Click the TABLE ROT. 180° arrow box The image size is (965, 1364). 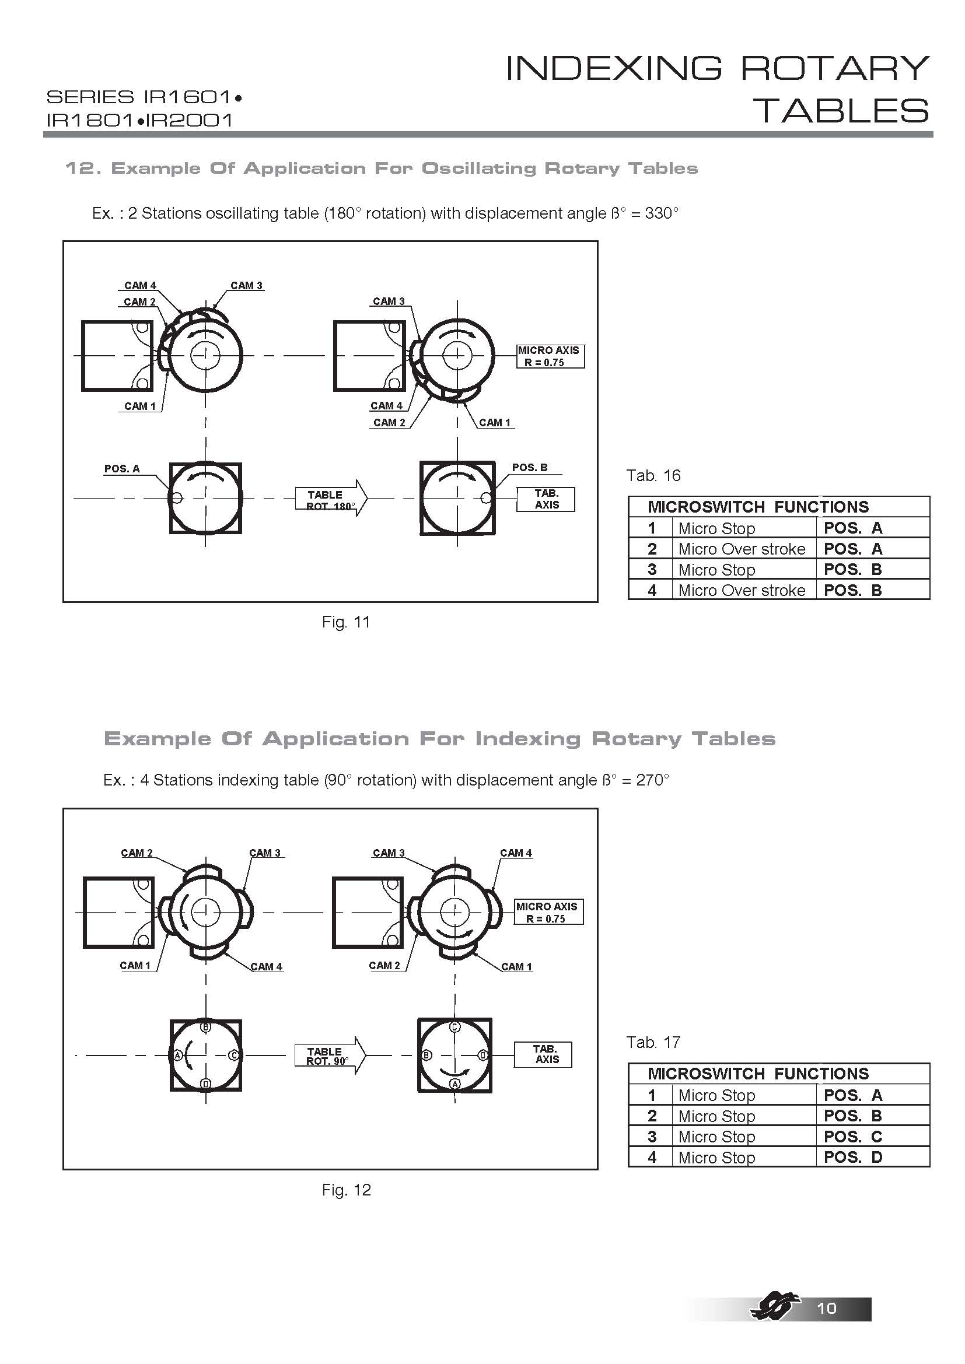pos(330,499)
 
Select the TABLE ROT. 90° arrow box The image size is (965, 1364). pos(329,1056)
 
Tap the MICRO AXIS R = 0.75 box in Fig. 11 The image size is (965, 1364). pos(550,356)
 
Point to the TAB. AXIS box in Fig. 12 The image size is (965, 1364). pos(543,1054)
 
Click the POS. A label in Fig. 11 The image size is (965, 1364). pos(122,469)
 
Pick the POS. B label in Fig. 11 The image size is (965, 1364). pos(529,468)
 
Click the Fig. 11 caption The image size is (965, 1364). pos(346,622)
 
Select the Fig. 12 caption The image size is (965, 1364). pos(346,1190)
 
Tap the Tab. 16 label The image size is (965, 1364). pos(653,475)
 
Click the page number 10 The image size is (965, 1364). pos(827,1308)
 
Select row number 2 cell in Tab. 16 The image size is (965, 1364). pos(652,549)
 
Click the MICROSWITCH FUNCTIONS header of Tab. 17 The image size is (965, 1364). pos(758,1074)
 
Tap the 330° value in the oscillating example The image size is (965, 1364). pos(661,213)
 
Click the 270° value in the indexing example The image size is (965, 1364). pos(652,780)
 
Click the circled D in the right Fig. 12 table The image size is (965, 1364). pos(483,1055)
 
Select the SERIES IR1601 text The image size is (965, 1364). pos(144,97)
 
